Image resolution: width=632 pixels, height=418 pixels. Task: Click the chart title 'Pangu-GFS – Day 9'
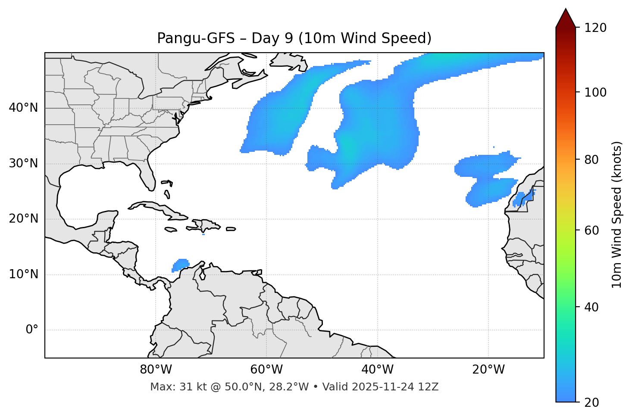[294, 38]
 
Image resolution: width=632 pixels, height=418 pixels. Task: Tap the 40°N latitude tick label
[23, 108]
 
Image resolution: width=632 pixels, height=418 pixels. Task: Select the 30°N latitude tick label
[23, 163]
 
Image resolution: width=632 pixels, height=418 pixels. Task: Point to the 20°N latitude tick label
[23, 219]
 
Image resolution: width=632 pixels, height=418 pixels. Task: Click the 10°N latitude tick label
[23, 274]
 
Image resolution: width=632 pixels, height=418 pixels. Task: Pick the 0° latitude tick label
[31, 330]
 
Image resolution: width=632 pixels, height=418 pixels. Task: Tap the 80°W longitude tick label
[156, 370]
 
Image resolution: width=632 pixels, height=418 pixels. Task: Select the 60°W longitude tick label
[266, 370]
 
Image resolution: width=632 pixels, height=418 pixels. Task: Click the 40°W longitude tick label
[377, 370]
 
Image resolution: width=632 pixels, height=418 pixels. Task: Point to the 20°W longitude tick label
[488, 370]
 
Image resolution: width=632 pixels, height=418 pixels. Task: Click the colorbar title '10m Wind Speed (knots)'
[617, 214]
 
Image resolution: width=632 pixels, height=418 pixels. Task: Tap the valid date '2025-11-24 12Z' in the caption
[395, 387]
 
